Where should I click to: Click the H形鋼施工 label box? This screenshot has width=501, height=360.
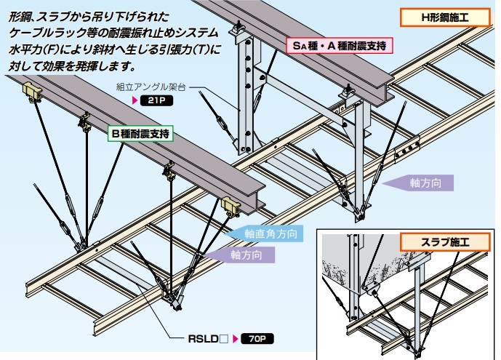(x=445, y=17)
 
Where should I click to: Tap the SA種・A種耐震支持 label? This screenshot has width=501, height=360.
(x=340, y=46)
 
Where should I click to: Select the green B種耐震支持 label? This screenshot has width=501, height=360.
(x=140, y=134)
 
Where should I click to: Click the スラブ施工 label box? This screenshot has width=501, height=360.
(x=445, y=241)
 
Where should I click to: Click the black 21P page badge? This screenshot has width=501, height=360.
(x=156, y=100)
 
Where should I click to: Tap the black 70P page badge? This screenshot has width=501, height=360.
(x=257, y=339)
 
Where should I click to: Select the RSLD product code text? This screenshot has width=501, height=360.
(x=203, y=339)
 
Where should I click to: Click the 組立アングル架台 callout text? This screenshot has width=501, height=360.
(x=151, y=87)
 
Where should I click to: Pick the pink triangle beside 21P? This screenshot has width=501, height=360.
(x=135, y=100)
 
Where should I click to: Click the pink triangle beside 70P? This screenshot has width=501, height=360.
(x=236, y=339)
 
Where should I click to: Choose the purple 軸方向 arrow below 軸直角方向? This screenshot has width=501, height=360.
(x=239, y=255)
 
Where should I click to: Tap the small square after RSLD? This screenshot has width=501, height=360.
(x=224, y=339)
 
